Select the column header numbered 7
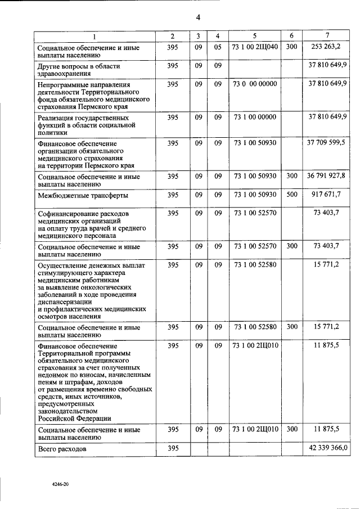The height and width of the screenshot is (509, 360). tap(327, 37)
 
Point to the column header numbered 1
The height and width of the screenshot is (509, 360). tap(94, 37)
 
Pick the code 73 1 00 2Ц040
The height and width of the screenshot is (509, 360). tap(255, 47)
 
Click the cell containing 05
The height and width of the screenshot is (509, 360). tap(218, 47)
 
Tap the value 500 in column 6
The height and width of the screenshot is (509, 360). tap(291, 195)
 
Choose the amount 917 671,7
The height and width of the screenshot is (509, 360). tap(327, 195)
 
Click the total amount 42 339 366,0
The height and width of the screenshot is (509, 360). tap(328, 448)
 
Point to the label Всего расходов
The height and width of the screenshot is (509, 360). tap(62, 450)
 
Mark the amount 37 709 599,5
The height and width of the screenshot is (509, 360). tap(327, 143)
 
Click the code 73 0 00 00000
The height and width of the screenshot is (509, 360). tap(255, 84)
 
